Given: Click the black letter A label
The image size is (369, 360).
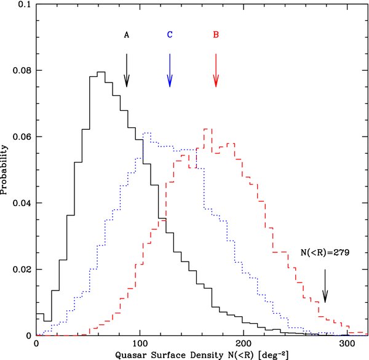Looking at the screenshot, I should click(127, 35).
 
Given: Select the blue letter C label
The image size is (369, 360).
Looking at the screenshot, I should click(170, 35).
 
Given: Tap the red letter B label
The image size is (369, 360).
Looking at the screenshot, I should click(216, 35).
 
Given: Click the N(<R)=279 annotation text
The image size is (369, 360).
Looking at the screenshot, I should click(325, 253).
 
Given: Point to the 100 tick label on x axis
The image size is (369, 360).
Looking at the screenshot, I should click(140, 343).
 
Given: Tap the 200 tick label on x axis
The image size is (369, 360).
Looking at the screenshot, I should click(244, 343).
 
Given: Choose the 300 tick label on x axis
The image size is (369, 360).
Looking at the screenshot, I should click(347, 343).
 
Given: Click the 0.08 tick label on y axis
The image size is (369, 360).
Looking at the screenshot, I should click(20, 70).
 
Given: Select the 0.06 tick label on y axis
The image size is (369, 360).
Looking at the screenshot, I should click(20, 137).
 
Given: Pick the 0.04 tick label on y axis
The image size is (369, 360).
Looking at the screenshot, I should click(20, 203).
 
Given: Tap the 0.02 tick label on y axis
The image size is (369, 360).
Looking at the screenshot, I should click(20, 270).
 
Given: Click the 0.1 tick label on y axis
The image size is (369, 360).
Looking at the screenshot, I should click(23, 4).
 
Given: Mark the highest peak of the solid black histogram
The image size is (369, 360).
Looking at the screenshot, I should click(101, 72).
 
